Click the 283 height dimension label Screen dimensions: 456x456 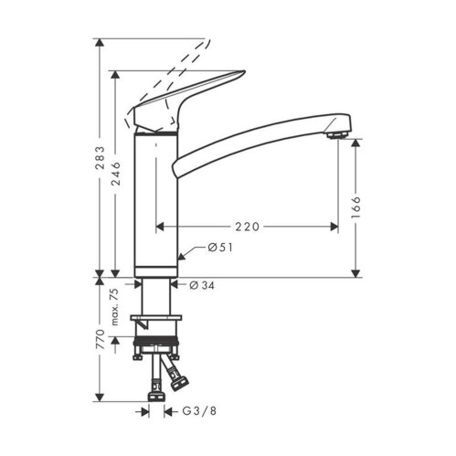coord(99,162)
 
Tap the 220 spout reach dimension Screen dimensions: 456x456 coord(248,224)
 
